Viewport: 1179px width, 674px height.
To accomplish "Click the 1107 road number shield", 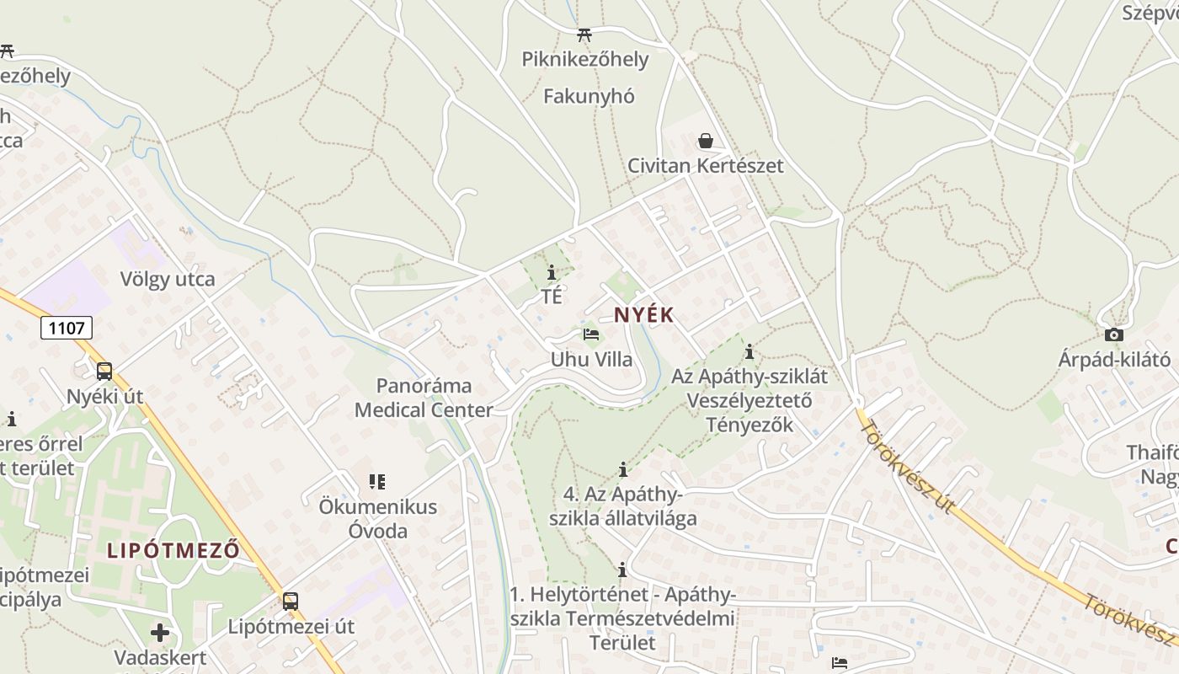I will coord(67,327).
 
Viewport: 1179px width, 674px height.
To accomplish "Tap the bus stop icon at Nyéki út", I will coord(104,371).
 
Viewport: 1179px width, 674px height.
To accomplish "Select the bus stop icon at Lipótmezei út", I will coord(291,601).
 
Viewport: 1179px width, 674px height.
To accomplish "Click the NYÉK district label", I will coord(644,315).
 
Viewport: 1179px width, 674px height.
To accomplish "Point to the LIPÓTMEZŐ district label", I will coord(173,551).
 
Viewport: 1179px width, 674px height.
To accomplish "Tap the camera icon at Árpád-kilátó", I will coord(1114,335).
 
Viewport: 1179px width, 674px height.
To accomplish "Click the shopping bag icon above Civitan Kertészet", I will coord(706,141).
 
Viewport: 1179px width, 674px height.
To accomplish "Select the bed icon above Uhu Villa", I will coord(591,334).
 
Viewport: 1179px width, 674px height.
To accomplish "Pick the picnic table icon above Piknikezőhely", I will coord(584,35).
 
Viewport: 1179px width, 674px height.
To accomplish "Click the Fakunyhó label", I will coord(589,96).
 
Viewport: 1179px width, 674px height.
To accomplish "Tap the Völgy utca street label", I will coord(168,279).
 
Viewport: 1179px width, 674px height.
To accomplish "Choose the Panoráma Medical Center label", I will coord(424,399).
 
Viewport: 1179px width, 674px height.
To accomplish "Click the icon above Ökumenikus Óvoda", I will coord(376,482).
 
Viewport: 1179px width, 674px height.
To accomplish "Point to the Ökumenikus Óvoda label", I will coord(378,519).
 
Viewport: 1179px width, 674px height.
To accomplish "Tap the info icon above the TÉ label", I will coord(552,272).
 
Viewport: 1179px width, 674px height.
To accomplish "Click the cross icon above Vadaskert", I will coord(160,632).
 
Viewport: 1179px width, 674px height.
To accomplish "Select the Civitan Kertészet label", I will coord(705,166).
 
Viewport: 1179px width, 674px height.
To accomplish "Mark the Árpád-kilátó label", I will coord(1114,360).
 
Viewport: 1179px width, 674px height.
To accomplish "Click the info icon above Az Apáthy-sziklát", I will coord(750,351).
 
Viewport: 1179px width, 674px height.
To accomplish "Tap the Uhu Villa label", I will coord(591,360).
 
